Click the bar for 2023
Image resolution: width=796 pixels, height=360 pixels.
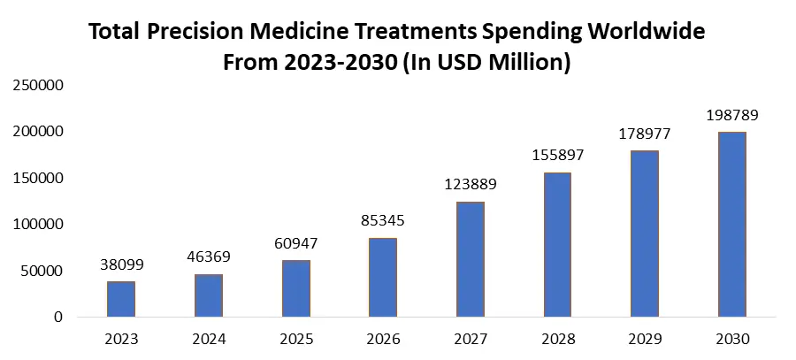[121, 299]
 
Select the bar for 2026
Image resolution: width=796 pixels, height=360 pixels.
[383, 277]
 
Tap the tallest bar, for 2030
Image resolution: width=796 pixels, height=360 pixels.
[732, 225]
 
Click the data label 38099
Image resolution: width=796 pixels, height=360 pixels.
[121, 264]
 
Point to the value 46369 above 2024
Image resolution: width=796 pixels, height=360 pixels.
[209, 257]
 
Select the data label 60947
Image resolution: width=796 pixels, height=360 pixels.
[296, 242]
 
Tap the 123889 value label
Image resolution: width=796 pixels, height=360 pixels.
[471, 185]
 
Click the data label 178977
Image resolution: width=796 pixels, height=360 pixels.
[645, 134]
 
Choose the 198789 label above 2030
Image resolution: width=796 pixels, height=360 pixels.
[732, 115]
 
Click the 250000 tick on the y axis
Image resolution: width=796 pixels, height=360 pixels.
[38, 86]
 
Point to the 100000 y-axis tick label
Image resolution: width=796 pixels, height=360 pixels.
[38, 225]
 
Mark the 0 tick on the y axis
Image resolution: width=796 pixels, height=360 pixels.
[57, 317]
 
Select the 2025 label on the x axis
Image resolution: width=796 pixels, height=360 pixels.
[296, 340]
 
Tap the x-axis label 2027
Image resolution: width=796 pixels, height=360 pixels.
[471, 340]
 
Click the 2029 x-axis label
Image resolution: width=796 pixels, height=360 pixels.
[645, 340]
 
